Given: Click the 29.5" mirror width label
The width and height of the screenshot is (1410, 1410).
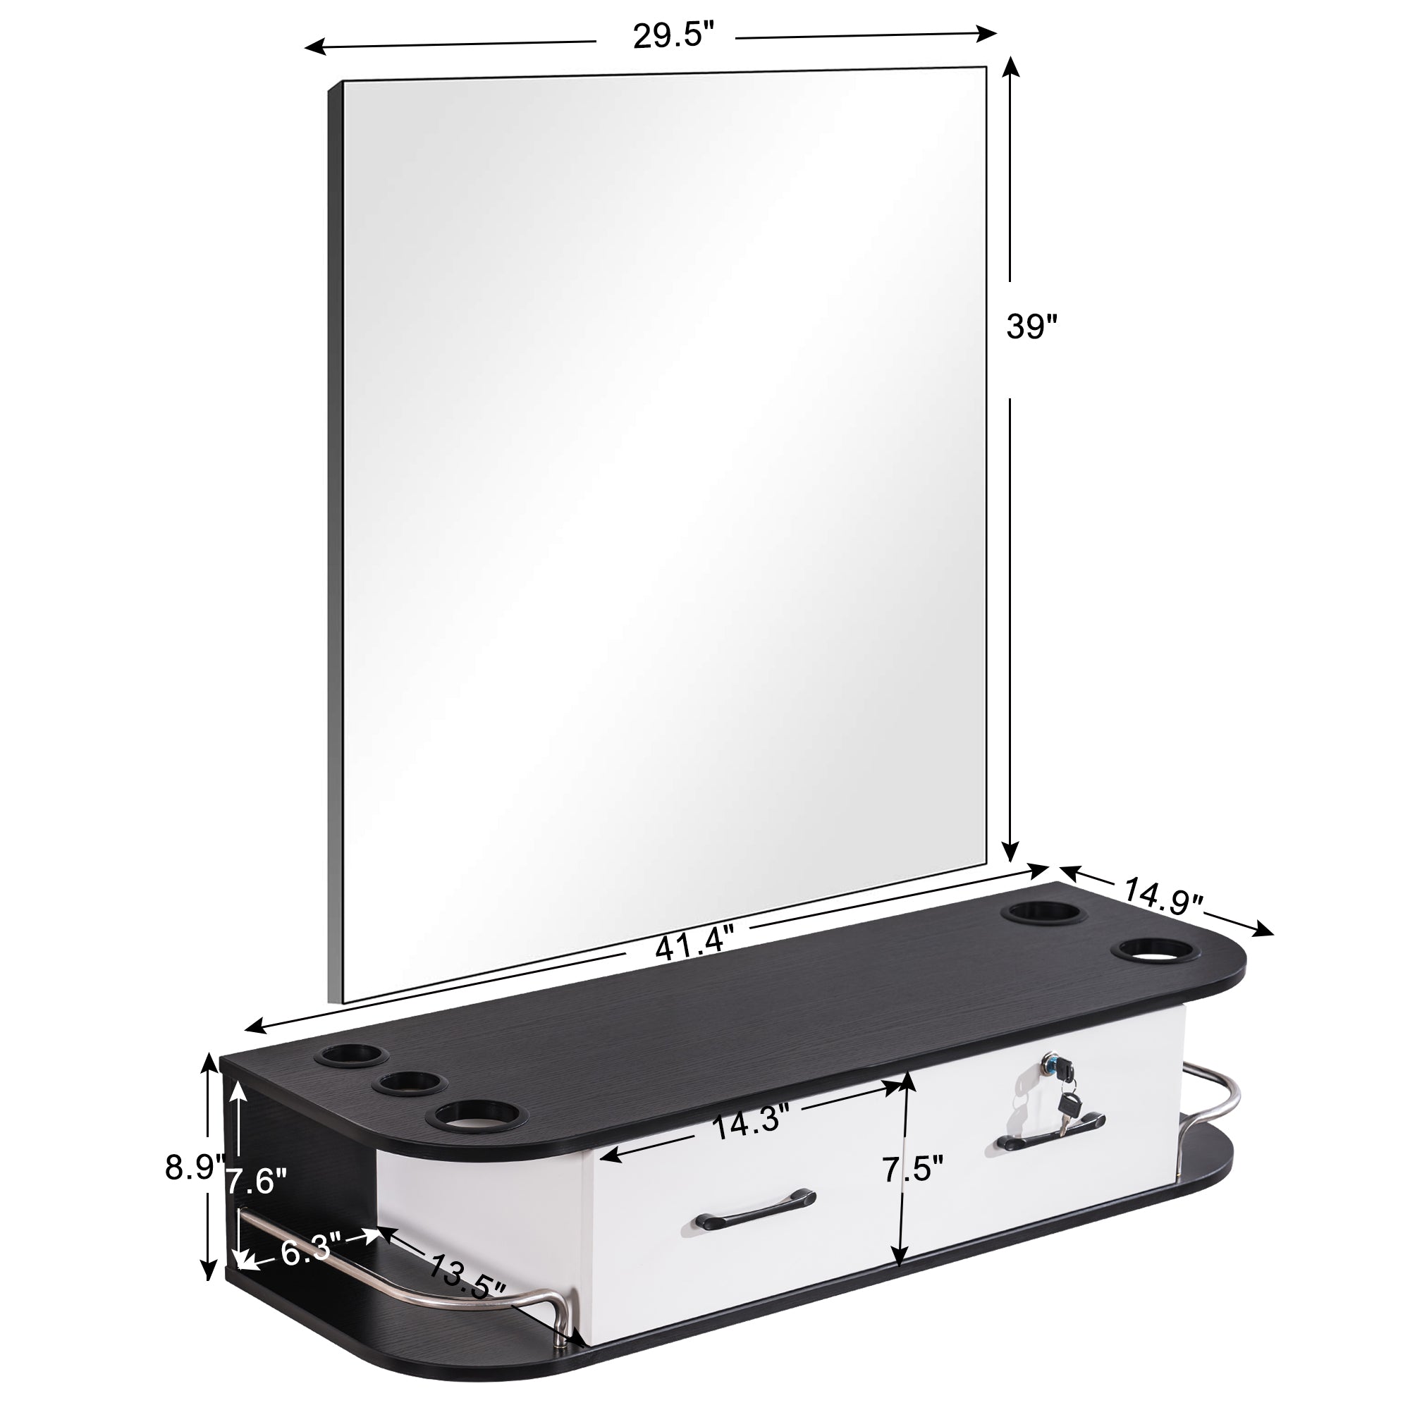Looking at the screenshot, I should [672, 36].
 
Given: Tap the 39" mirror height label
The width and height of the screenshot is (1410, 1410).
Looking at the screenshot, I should [1032, 326].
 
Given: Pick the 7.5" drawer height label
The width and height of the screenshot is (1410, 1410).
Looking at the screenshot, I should [913, 1170].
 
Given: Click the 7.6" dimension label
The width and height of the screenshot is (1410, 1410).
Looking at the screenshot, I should [255, 1180].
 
